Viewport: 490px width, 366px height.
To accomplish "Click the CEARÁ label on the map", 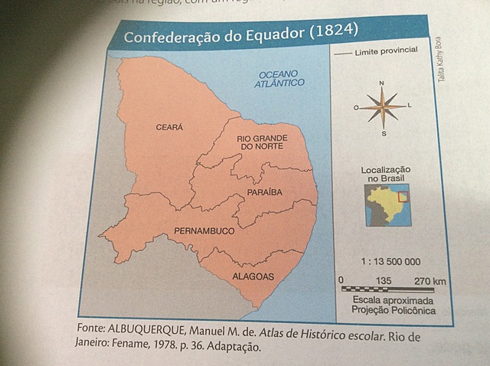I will (x=171, y=126).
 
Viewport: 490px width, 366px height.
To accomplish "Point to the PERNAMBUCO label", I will (x=203, y=230).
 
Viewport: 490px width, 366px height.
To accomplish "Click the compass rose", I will (x=382, y=107).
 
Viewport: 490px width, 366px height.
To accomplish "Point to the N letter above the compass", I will (x=381, y=82).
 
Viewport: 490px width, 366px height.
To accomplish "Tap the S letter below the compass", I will (x=384, y=134).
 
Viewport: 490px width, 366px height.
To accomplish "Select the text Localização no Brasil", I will (x=385, y=173).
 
